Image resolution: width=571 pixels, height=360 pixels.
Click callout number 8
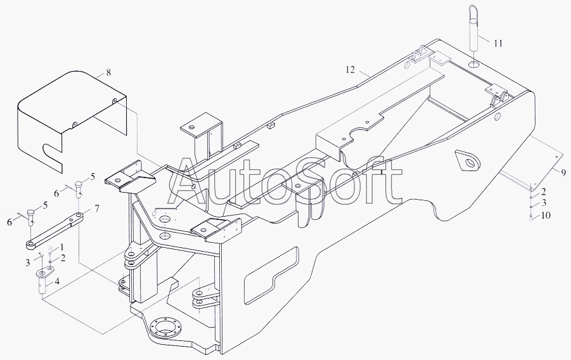pos(108,73)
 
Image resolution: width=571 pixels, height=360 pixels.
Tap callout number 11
pos(497,43)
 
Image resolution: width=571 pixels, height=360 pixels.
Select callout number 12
pos(350,69)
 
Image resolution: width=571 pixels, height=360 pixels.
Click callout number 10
pos(546,215)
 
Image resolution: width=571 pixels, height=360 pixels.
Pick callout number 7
pos(97,208)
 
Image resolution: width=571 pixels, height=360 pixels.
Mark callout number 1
pos(62,247)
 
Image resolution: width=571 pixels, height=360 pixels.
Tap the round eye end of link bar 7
pos(30,243)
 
